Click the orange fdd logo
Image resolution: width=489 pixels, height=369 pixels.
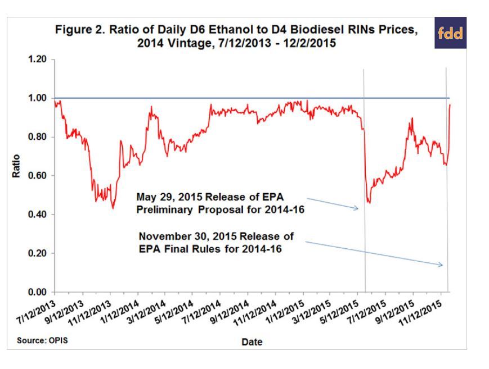(450, 33)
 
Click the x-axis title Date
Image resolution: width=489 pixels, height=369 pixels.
(252, 341)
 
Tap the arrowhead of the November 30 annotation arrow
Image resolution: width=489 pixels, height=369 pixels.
(442, 265)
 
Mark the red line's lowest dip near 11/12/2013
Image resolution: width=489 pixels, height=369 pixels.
(113, 208)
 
